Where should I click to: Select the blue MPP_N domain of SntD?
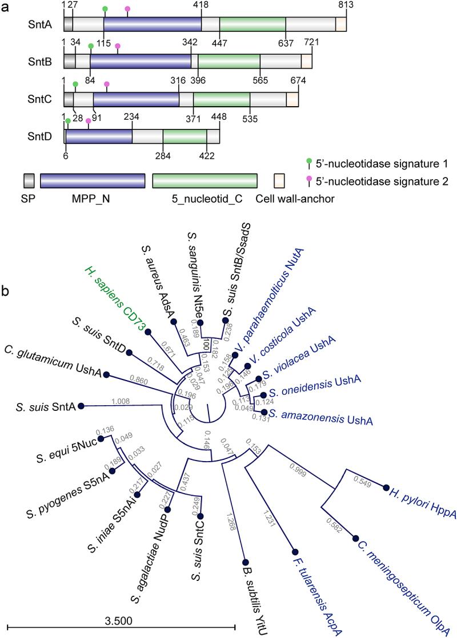tap(99, 136)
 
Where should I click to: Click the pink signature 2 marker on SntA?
tap(127, 9)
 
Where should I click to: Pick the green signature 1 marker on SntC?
tap(75, 84)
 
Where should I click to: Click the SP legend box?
tap(29, 180)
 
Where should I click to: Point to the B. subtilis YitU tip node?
tap(244, 562)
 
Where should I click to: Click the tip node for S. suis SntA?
tap(81, 406)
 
